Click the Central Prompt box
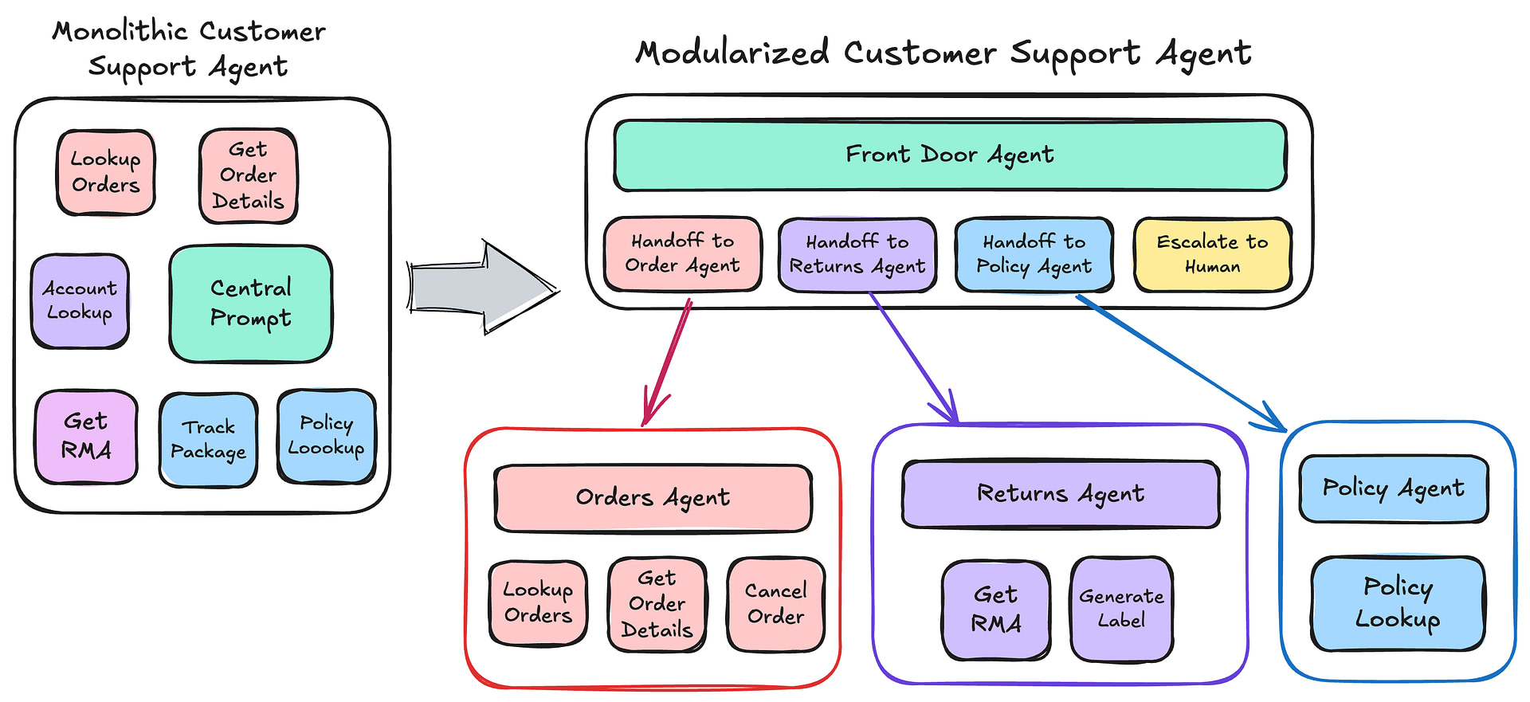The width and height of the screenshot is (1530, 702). click(x=250, y=304)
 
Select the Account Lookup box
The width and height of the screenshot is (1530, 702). click(x=80, y=301)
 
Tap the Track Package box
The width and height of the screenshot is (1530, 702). click(x=208, y=440)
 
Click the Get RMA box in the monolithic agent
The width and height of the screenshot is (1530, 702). click(x=86, y=437)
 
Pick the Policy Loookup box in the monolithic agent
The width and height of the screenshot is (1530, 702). click(x=326, y=436)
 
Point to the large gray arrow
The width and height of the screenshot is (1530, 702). click(x=478, y=287)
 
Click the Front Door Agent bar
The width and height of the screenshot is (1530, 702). click(x=949, y=155)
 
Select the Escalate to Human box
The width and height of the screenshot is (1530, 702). click(x=1211, y=254)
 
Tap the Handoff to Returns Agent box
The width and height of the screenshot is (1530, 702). click(x=857, y=254)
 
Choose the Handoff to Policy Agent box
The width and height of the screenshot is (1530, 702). click(x=1034, y=254)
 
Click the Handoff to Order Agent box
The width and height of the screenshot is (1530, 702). click(x=682, y=253)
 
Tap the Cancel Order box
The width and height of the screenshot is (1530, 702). click(x=775, y=604)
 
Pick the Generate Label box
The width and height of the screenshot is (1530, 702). click(x=1121, y=609)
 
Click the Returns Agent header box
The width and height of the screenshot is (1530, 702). click(x=1060, y=494)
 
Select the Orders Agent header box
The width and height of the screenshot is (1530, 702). click(x=653, y=498)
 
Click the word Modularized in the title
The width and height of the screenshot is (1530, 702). click(x=732, y=53)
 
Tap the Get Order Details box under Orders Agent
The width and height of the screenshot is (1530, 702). click(x=657, y=604)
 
